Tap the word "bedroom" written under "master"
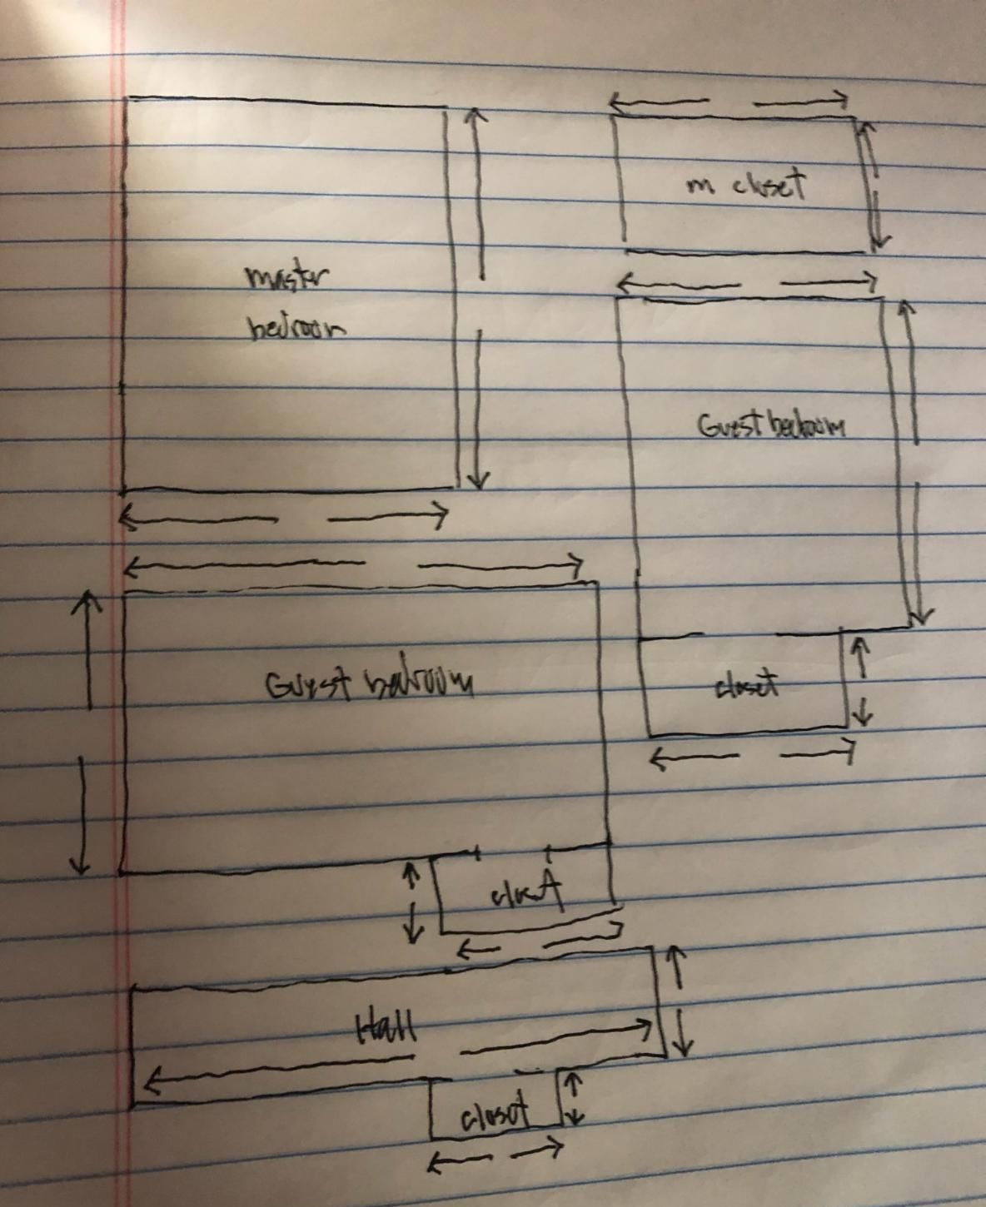point(296,326)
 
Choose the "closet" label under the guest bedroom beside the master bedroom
point(747,686)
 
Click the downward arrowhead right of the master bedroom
point(477,481)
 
